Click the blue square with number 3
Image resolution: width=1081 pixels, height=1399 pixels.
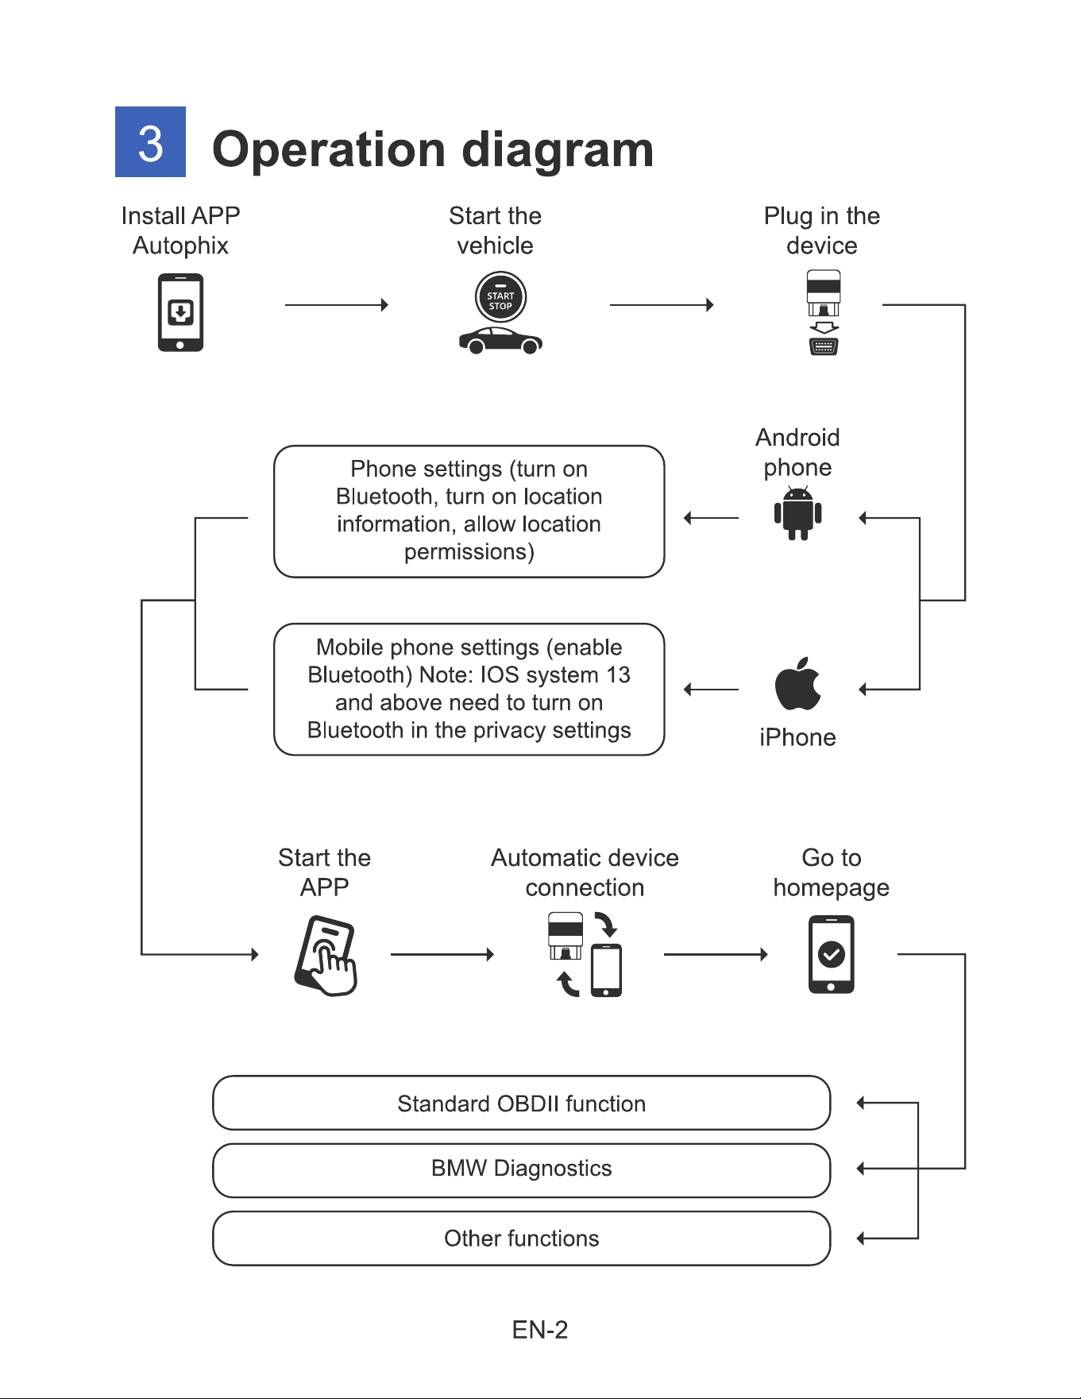[150, 141]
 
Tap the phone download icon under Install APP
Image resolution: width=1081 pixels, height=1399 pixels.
[180, 312]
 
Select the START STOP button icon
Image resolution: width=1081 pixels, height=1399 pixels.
[500, 297]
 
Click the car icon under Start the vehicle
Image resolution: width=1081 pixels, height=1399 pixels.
[500, 341]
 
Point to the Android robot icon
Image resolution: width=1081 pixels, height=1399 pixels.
[797, 514]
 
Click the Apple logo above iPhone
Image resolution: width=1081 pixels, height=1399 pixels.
[797, 683]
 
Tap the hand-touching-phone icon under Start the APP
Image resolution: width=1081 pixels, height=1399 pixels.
[326, 956]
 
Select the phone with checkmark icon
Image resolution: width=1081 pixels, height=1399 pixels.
[831, 954]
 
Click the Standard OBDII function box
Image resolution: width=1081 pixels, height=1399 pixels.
[522, 1103]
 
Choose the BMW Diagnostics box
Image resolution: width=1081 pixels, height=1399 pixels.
[522, 1170]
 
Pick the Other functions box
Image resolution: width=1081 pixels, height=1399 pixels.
[522, 1238]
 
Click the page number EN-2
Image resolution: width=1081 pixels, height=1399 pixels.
[540, 1330]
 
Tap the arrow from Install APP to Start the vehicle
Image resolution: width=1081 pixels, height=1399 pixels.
[337, 304]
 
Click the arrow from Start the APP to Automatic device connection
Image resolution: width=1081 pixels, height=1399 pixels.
[442, 954]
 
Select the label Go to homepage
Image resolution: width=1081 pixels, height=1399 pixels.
[831, 872]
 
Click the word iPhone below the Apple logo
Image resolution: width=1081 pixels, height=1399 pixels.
[797, 737]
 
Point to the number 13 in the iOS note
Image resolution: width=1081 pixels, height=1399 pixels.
[618, 674]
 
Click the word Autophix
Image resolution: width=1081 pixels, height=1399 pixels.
[180, 245]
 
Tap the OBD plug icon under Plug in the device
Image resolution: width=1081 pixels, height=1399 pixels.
[824, 312]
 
